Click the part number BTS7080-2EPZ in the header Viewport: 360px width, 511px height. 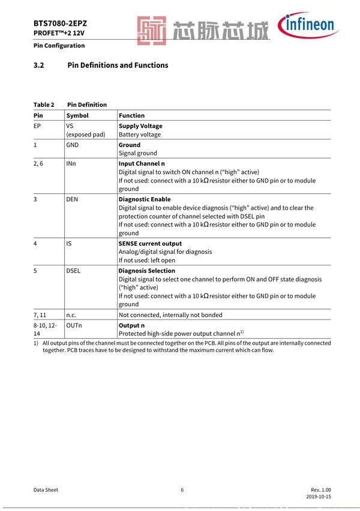point(60,24)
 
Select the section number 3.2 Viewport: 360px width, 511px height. point(39,65)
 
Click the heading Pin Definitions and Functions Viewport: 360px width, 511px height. point(118,65)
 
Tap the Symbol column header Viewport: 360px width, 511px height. point(77,115)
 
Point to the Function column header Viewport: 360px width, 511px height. point(131,115)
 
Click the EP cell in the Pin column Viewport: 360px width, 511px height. point(38,126)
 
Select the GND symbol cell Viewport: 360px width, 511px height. point(73,145)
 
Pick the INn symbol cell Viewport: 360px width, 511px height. point(71,163)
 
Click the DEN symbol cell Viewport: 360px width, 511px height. point(73,199)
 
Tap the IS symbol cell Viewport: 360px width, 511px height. point(69,243)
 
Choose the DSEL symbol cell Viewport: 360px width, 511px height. point(73,271)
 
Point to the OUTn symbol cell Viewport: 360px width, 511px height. point(74,325)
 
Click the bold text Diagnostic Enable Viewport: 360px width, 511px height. point(145,199)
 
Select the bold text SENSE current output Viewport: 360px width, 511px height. point(150,243)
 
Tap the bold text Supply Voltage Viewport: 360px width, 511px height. point(140,126)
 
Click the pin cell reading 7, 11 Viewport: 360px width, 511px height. point(41,314)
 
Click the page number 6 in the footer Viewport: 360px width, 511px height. point(182,490)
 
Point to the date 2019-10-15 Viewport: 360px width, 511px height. point(319,498)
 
